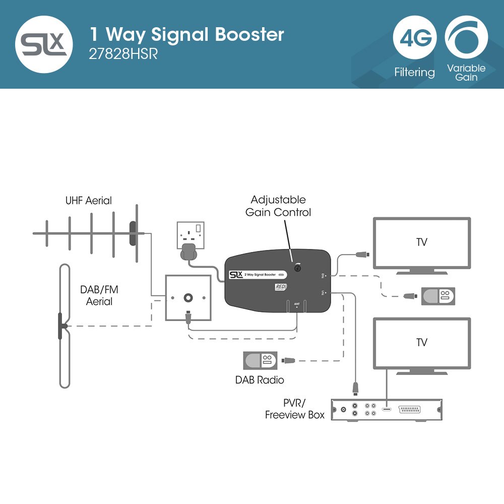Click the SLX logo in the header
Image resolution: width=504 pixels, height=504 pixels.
click(44, 44)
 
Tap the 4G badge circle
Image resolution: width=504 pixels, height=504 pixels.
click(414, 38)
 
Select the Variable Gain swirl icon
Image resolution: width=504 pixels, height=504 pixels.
click(466, 38)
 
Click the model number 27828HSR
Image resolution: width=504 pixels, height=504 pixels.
click(123, 54)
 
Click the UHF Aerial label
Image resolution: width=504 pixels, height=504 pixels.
click(89, 201)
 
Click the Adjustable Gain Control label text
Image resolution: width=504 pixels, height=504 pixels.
click(278, 206)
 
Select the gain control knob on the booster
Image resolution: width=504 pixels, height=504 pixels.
click(298, 268)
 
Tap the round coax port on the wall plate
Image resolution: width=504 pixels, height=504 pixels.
click(188, 297)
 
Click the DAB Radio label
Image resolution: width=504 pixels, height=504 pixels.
click(260, 380)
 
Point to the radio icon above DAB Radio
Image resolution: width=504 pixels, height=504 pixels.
click(260, 361)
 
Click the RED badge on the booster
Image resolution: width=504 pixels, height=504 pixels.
click(281, 287)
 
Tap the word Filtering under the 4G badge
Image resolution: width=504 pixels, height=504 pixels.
click(414, 73)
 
